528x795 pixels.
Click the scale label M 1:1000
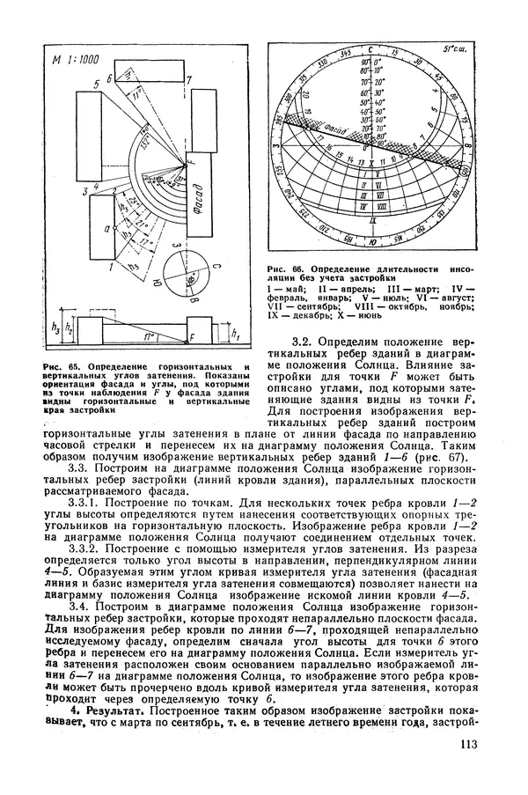74,61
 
